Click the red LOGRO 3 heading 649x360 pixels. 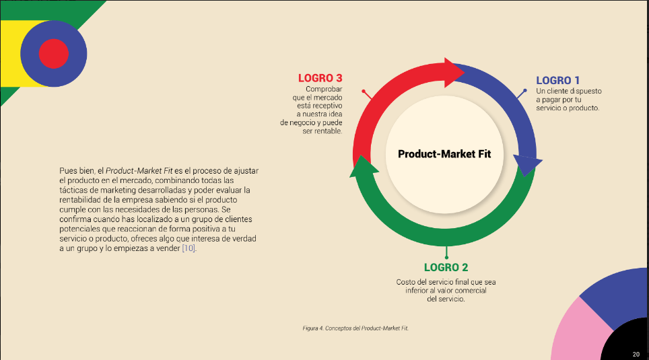click(x=320, y=78)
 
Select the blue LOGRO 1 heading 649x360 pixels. click(x=557, y=80)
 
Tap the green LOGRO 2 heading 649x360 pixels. click(x=446, y=267)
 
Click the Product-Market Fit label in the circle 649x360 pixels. click(x=444, y=154)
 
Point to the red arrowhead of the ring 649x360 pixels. click(x=454, y=73)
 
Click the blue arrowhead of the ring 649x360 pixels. click(x=527, y=165)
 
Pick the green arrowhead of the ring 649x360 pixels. click(x=364, y=167)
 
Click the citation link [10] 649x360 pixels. click(x=189, y=248)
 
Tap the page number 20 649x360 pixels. click(x=636, y=354)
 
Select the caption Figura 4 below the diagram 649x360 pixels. click(x=355, y=328)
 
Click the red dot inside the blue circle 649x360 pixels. click(x=54, y=54)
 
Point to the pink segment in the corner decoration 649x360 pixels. click(x=578, y=331)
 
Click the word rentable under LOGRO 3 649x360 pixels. click(x=329, y=131)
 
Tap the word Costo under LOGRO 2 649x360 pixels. click(x=405, y=282)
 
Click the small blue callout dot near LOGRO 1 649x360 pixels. click(x=525, y=90)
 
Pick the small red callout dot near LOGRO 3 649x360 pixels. click(x=364, y=91)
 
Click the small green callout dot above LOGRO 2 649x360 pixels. click(x=446, y=257)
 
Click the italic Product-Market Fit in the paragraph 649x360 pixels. click(x=139, y=170)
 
